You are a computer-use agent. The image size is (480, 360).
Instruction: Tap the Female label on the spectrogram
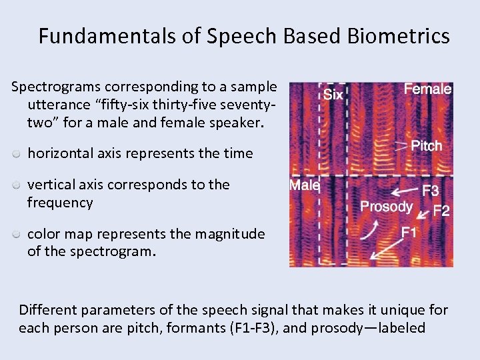pos(427,89)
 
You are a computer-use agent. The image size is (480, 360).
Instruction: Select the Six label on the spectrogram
pos(333,95)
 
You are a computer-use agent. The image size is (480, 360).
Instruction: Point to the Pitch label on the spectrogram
pos(427,145)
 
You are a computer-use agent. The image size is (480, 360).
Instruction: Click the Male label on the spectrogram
pos(305,185)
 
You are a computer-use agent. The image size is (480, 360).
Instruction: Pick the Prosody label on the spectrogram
pos(386,207)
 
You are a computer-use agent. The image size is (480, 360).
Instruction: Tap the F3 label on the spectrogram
pos(431,191)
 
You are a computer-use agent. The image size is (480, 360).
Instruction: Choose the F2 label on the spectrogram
pos(441,211)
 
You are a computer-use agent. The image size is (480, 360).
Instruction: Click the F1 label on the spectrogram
pos(409,233)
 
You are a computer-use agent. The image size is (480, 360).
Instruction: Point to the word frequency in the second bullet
pos(60,203)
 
